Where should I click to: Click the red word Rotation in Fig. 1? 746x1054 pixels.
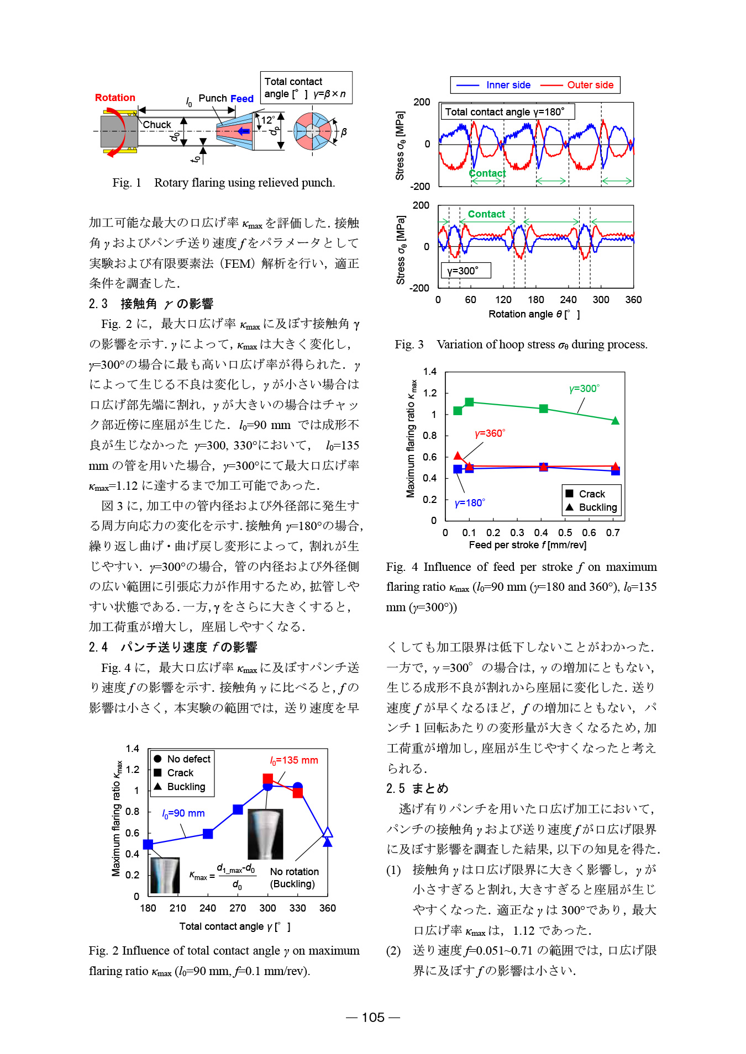tap(115, 98)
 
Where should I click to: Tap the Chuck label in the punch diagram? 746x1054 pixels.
tap(157, 125)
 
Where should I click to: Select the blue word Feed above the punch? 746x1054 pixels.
tap(242, 99)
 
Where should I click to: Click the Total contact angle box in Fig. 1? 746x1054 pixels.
tap(306, 88)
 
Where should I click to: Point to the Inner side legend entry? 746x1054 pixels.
tap(508, 85)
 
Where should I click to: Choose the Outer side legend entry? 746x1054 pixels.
tap(590, 85)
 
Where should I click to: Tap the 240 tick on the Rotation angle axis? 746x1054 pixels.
tap(568, 300)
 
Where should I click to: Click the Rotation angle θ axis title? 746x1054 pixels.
tap(534, 314)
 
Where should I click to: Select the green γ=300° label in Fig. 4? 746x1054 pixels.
tap(584, 389)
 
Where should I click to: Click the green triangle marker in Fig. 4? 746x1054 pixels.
tap(616, 421)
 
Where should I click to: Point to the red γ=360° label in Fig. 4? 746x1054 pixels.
tap(490, 433)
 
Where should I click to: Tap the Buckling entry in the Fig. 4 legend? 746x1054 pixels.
tap(597, 507)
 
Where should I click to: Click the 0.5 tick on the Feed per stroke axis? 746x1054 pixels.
tap(565, 533)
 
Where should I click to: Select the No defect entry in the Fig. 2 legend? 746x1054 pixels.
tap(188, 759)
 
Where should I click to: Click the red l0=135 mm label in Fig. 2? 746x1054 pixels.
tap(294, 760)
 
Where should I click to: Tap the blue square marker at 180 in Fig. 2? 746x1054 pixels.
tap(148, 844)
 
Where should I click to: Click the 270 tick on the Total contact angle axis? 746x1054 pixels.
tap(238, 908)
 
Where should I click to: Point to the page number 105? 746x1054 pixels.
tap(373, 1018)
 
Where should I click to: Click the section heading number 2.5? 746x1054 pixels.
tap(395, 788)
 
